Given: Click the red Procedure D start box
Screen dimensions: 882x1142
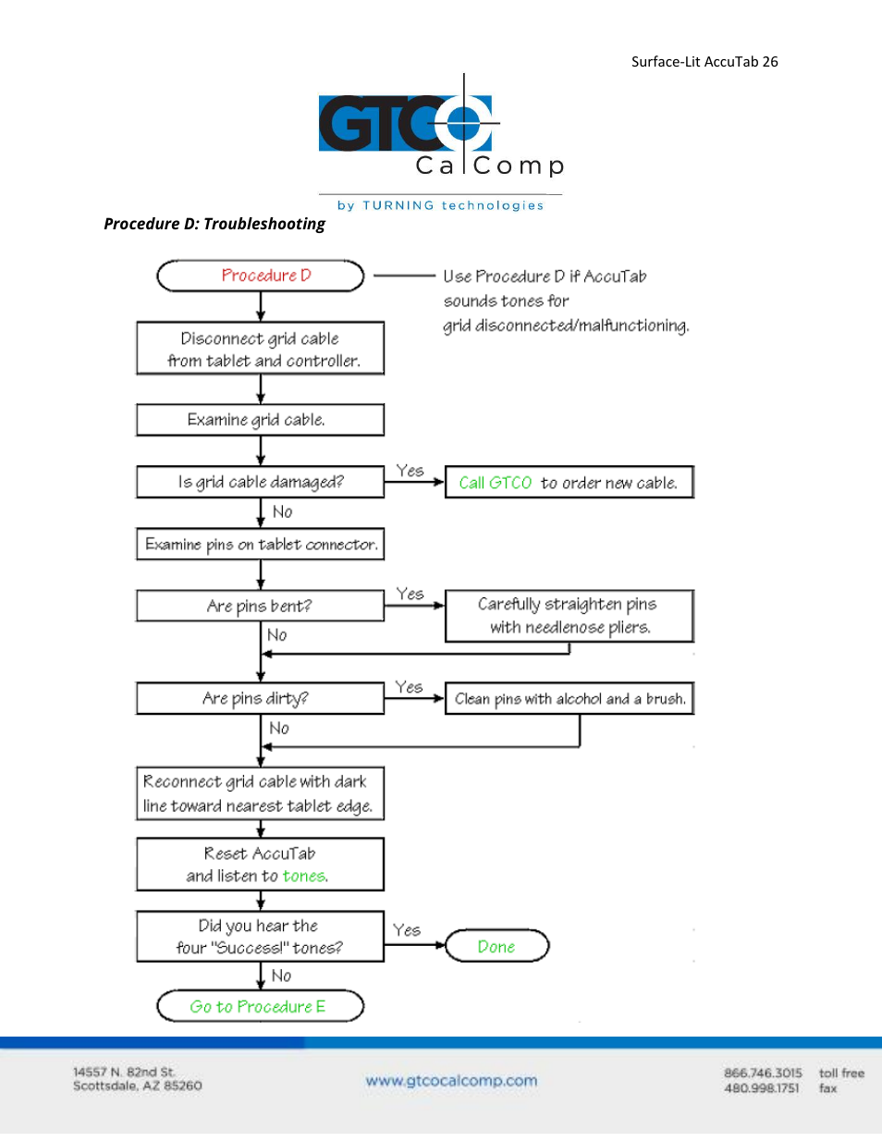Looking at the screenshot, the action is tap(260, 276).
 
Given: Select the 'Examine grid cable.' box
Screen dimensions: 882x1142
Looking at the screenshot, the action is tap(260, 420).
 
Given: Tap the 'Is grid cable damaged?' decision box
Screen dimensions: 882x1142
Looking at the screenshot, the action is tap(260, 482).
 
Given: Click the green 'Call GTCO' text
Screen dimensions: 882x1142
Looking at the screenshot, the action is tap(496, 483).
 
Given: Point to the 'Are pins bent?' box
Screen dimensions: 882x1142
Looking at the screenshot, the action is tap(260, 606).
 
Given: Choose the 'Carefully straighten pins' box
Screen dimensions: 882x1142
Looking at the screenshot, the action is tap(570, 616).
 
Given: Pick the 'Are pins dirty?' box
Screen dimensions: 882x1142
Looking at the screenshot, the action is tap(260, 698).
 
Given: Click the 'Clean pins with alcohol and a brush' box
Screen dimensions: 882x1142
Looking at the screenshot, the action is tap(570, 698).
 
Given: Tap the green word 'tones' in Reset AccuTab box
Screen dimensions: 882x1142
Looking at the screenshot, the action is tap(303, 876).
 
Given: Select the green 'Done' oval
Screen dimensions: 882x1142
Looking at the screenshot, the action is tap(497, 946).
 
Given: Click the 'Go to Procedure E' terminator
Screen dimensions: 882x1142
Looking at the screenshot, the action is tap(260, 1006).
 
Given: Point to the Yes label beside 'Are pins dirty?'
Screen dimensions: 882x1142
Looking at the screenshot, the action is tap(409, 687).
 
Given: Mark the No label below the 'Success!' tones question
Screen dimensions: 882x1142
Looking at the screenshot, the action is tap(281, 976).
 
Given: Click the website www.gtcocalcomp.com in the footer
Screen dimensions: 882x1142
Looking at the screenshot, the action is tap(452, 1081).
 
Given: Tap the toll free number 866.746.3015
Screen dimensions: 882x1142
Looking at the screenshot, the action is tap(763, 1073).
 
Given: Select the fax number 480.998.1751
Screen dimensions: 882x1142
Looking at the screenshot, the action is tap(762, 1087).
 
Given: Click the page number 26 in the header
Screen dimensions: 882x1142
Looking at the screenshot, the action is tap(770, 62).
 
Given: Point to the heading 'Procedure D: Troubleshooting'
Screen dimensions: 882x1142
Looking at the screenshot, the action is tap(214, 224).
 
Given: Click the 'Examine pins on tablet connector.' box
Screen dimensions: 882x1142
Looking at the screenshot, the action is tap(260, 544).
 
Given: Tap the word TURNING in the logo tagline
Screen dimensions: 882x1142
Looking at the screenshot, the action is tap(398, 205).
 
